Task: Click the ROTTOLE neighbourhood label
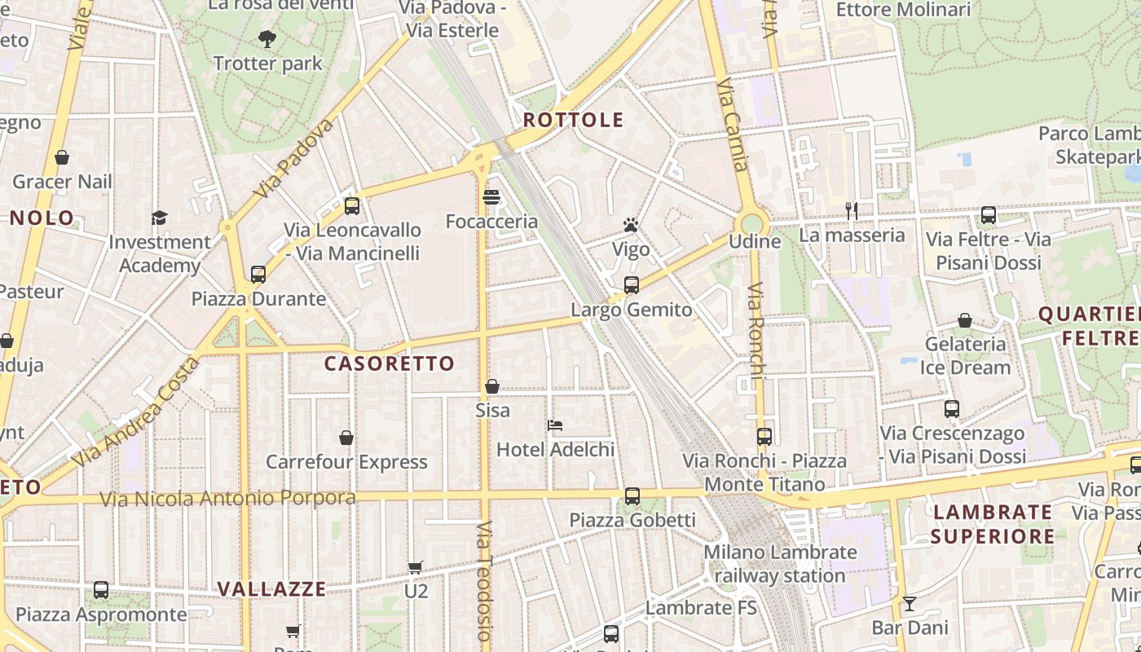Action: click(573, 121)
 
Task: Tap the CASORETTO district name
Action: click(390, 363)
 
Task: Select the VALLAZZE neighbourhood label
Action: click(271, 588)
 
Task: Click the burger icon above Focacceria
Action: click(491, 197)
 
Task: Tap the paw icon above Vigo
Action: click(631, 225)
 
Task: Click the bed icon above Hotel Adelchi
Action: click(555, 425)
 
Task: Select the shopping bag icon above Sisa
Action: click(492, 386)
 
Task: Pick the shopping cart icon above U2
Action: click(416, 567)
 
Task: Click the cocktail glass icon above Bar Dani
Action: click(910, 604)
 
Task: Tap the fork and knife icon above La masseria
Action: click(852, 211)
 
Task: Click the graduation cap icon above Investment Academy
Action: click(159, 218)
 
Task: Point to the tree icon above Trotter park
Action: click(267, 38)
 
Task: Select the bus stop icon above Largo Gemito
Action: click(631, 285)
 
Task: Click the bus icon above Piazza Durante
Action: click(258, 275)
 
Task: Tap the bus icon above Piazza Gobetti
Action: click(632, 496)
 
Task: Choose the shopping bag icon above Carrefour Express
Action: click(346, 438)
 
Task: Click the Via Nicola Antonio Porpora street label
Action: click(227, 498)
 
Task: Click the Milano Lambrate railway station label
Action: click(780, 564)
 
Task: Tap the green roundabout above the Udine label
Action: click(751, 222)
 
